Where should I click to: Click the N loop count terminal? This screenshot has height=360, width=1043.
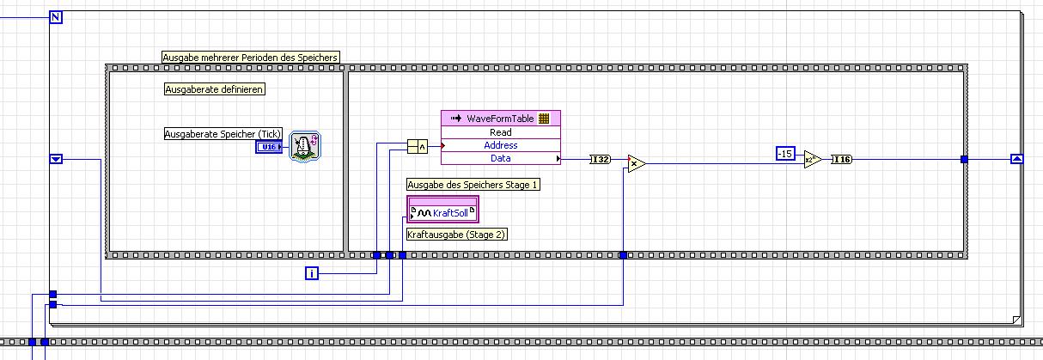56,18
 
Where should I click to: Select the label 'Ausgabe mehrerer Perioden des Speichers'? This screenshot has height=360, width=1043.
250,58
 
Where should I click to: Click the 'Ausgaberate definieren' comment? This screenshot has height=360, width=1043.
214,88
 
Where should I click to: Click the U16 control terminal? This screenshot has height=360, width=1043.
269,148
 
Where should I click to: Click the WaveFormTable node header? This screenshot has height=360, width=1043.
500,119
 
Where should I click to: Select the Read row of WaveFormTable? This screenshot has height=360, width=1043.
500,132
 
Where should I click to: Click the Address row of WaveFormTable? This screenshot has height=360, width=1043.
500,145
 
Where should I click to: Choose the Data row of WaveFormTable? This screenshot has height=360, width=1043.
500,158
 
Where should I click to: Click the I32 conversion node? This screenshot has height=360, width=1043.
600,159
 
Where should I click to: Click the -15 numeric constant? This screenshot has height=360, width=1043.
785,154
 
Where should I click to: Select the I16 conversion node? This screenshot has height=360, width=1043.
842,159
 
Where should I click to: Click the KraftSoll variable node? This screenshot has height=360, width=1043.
443,211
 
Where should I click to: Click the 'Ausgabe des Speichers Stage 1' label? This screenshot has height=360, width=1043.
473,185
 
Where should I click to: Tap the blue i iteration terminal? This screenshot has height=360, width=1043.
313,273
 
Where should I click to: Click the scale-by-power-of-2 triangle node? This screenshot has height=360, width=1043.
812,159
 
